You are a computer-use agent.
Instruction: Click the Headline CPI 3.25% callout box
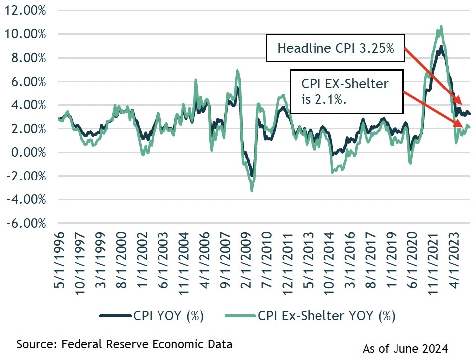(335, 48)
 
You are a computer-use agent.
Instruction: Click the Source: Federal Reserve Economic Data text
(125, 344)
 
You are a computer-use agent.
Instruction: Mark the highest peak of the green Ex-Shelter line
(441, 27)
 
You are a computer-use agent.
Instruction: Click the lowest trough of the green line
(252, 191)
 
